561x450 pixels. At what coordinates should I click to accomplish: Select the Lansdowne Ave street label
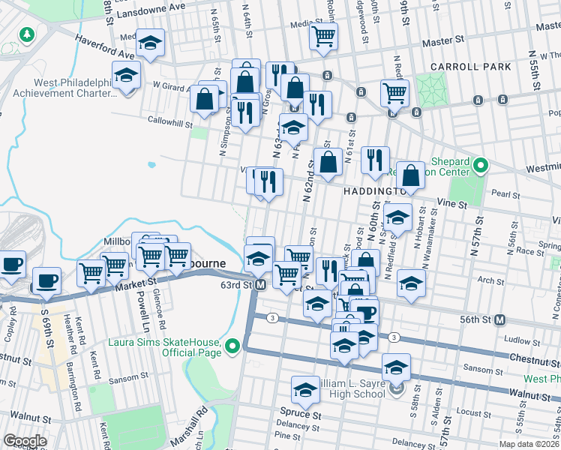[149, 6]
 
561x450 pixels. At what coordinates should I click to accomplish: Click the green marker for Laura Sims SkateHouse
[233, 346]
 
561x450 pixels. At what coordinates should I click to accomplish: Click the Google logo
[25, 442]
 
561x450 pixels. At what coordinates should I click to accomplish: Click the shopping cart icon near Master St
[323, 35]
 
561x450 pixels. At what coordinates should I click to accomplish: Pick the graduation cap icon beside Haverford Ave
[151, 43]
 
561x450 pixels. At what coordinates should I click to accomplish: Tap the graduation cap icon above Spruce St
[305, 390]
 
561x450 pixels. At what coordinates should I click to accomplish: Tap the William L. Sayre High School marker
[396, 388]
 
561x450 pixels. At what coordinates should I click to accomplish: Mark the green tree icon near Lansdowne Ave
[26, 34]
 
